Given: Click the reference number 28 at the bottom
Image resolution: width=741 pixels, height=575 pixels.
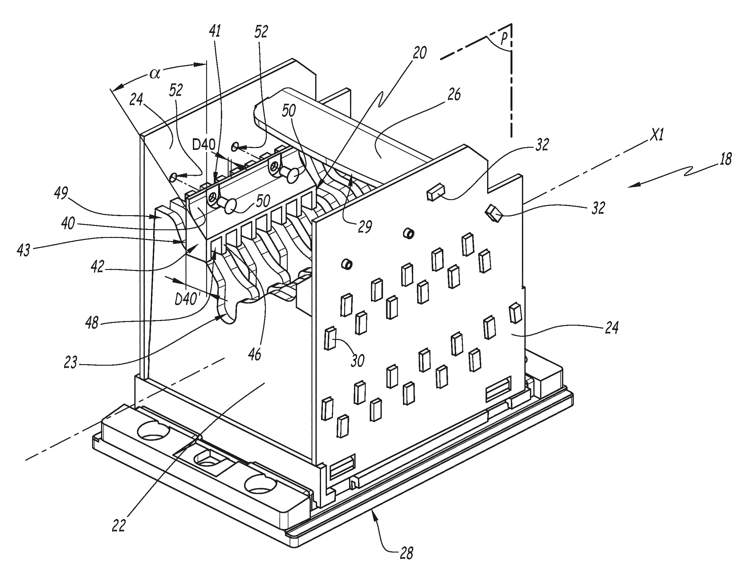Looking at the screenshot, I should click(406, 554).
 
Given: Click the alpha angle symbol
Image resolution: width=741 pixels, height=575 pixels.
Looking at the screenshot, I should click(155, 74).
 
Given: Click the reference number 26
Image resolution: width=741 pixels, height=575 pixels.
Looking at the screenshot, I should click(454, 94).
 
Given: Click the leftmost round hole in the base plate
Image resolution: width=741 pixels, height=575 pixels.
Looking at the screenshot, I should click(153, 431).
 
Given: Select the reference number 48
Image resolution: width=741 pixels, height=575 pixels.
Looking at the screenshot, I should click(92, 324).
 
